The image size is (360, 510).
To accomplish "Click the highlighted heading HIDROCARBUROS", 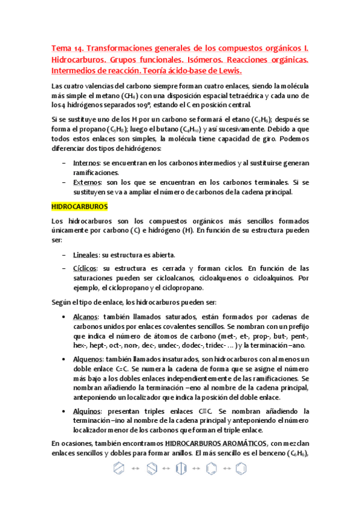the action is pos(79,206).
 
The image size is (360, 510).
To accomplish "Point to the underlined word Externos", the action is pos(86,182).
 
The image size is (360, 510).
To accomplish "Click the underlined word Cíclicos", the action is pos(85,268).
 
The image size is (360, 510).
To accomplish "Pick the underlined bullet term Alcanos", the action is pos(85,316).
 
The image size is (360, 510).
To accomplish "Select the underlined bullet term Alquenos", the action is pos(88,359).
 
